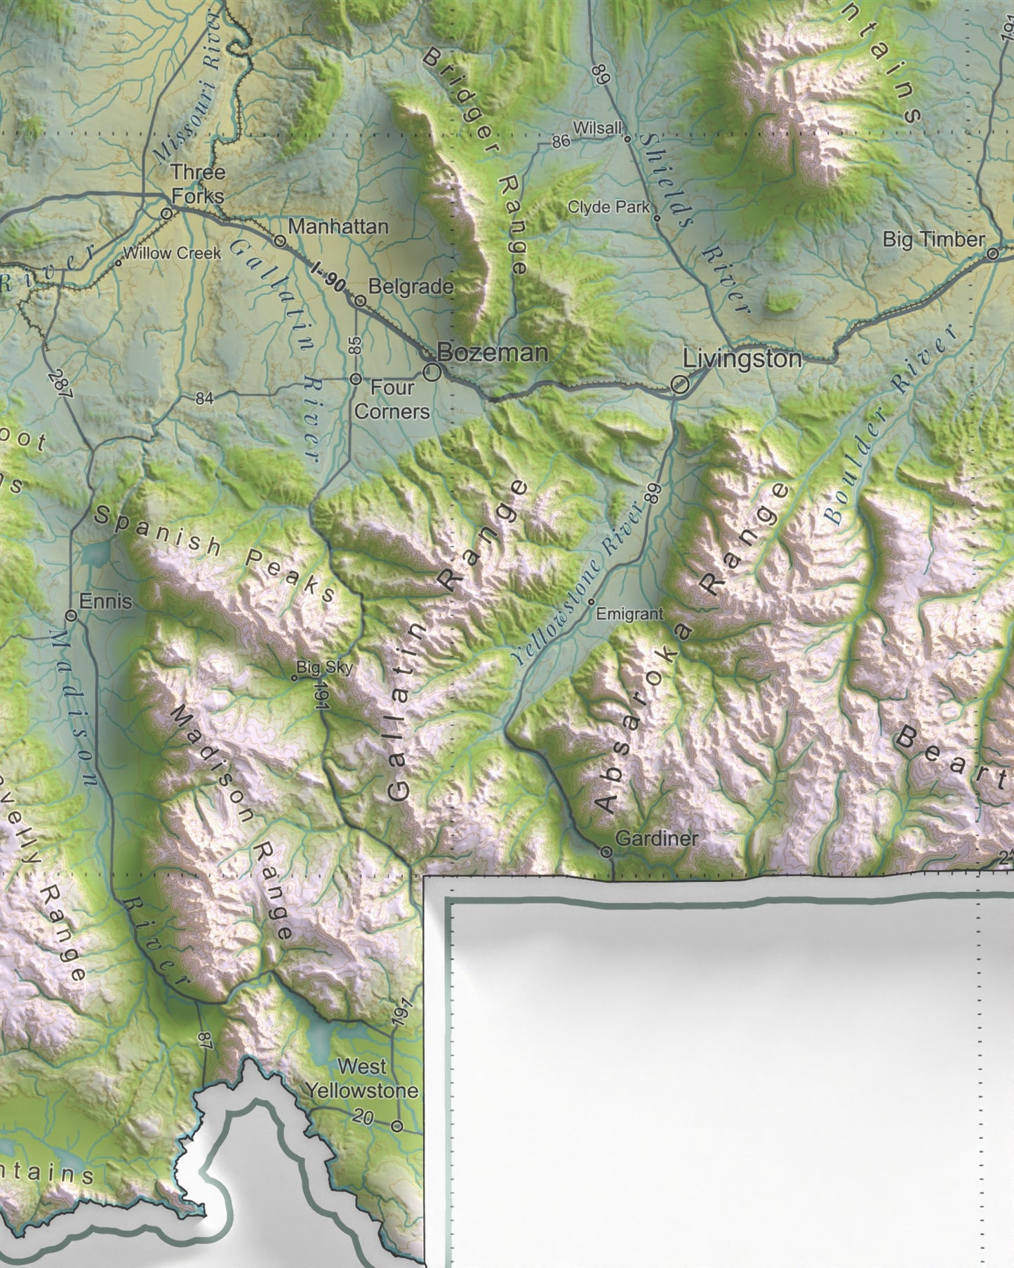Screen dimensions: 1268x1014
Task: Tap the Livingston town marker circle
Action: pyautogui.click(x=679, y=385)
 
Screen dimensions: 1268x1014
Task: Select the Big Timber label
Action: pyautogui.click(x=933, y=239)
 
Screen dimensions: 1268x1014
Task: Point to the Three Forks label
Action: pyautogui.click(x=199, y=183)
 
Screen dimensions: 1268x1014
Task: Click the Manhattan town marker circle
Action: pyautogui.click(x=280, y=241)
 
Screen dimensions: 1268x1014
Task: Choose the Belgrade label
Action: pyautogui.click(x=411, y=286)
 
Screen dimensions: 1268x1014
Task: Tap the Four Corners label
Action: pyautogui.click(x=392, y=399)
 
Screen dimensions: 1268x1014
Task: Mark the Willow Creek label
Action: pyautogui.click(x=172, y=253)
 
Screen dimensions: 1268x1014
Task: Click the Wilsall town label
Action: pyautogui.click(x=597, y=128)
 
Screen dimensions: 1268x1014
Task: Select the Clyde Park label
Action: pyautogui.click(x=608, y=207)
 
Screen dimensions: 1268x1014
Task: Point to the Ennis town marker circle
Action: pyautogui.click(x=71, y=615)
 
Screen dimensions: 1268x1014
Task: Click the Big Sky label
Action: pyautogui.click(x=324, y=667)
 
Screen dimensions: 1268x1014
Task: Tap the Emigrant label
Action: pyautogui.click(x=629, y=614)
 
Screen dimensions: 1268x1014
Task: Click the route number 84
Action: pyautogui.click(x=204, y=399)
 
